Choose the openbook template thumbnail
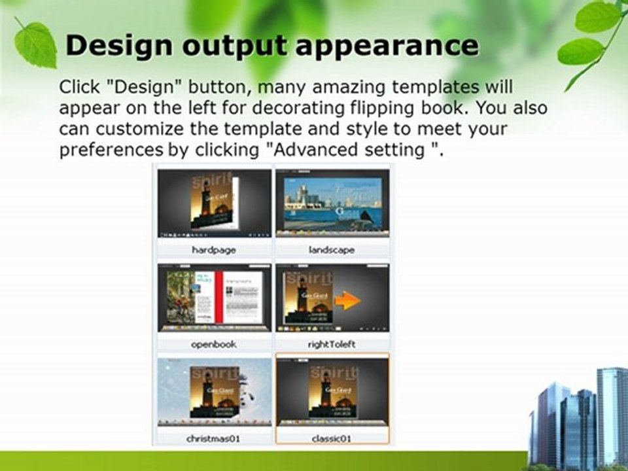[x=214, y=298]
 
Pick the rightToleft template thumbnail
[x=332, y=298]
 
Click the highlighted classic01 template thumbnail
[x=332, y=391]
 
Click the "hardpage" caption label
[x=214, y=250]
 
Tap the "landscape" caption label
[x=332, y=250]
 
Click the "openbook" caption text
[x=214, y=344]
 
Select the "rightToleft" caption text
[x=332, y=344]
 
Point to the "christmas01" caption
[x=214, y=438]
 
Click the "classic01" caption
[x=332, y=438]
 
